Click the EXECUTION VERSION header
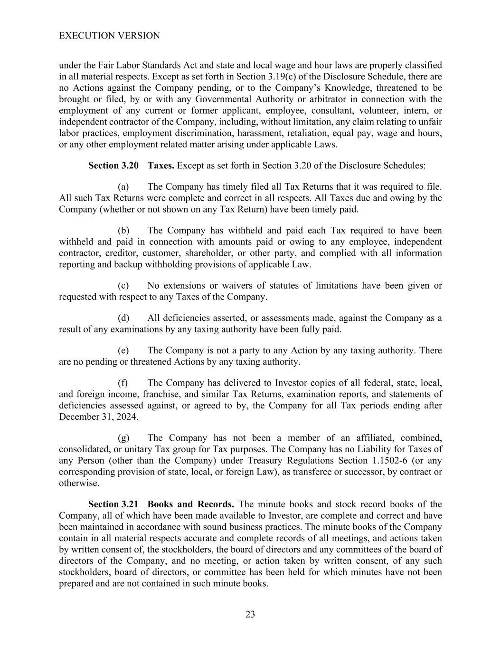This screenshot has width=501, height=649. click(109, 36)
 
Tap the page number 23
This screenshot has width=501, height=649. click(250, 614)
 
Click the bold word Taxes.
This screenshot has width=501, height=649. click(161, 165)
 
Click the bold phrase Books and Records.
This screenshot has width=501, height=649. click(191, 504)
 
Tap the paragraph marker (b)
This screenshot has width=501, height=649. click(123, 230)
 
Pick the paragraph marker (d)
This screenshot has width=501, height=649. click(123, 318)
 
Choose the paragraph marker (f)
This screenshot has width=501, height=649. click(123, 382)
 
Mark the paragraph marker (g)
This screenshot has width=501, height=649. click(123, 437)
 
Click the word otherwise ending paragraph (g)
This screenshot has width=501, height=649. click(79, 483)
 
